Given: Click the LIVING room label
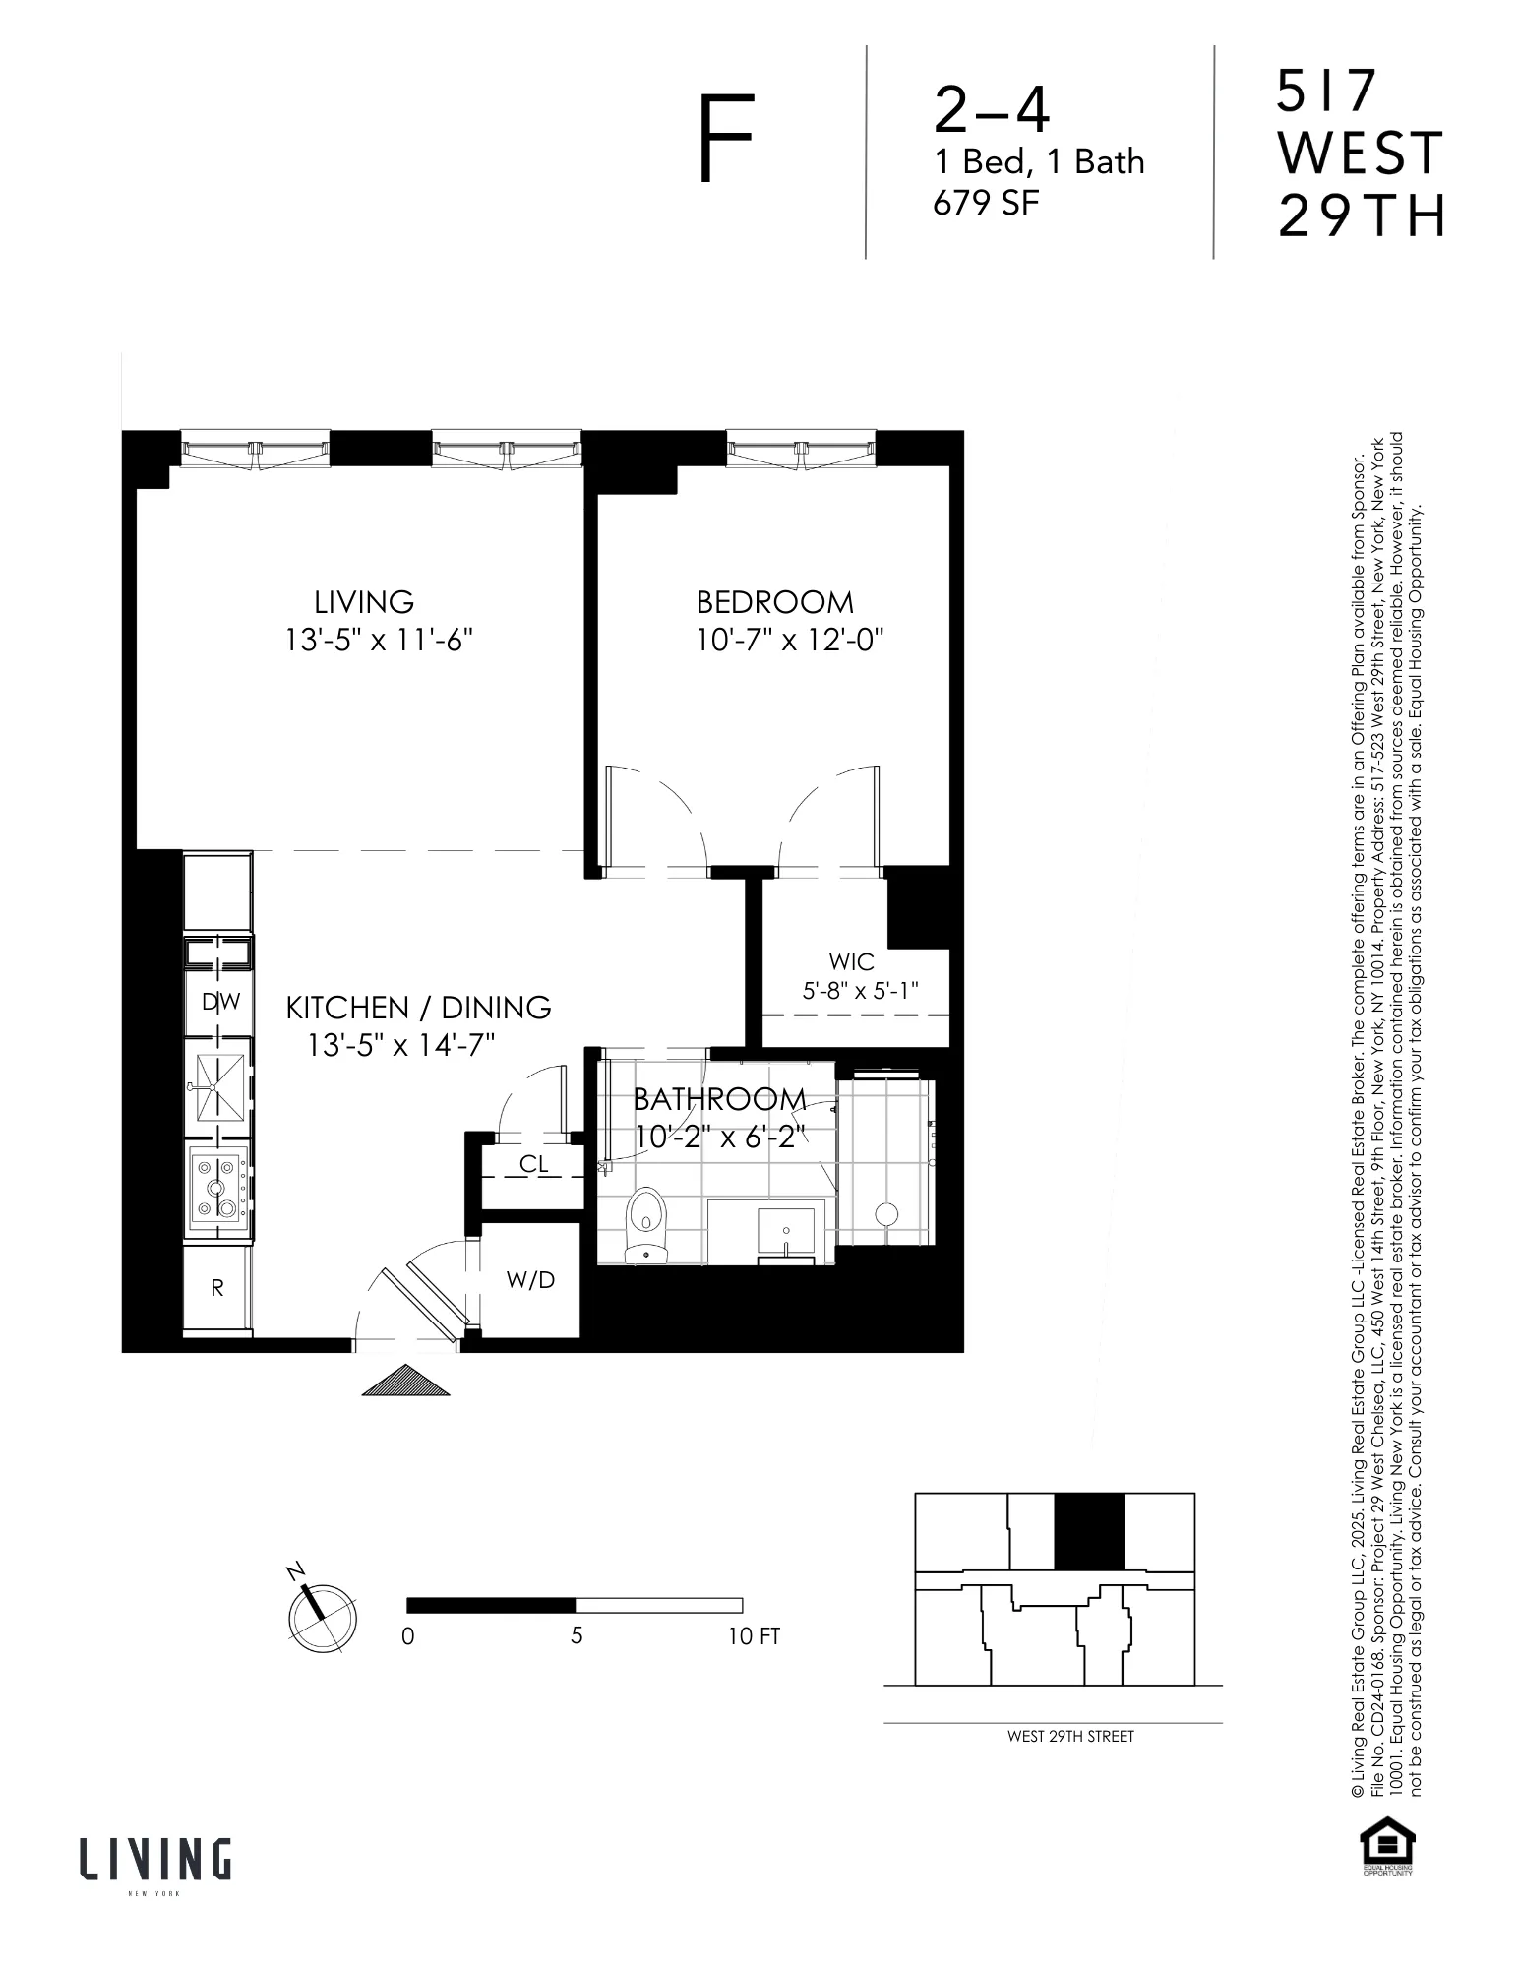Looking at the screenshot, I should pyautogui.click(x=364, y=602).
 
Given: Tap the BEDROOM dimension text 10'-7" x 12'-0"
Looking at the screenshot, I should pyautogui.click(x=790, y=641).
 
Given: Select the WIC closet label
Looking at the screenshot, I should pyautogui.click(x=851, y=961).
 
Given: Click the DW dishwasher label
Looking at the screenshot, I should pyautogui.click(x=220, y=1002).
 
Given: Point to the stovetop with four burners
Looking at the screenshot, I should pyautogui.click(x=217, y=1188).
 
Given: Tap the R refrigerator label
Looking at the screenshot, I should pyautogui.click(x=217, y=1287).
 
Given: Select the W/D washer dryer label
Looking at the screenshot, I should pyautogui.click(x=530, y=1279).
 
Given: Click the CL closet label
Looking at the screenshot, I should pyautogui.click(x=533, y=1164).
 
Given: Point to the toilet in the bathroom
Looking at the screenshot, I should pyautogui.click(x=645, y=1222).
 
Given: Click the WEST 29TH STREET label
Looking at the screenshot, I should pyautogui.click(x=1070, y=1737).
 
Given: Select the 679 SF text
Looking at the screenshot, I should pyautogui.click(x=985, y=203).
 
